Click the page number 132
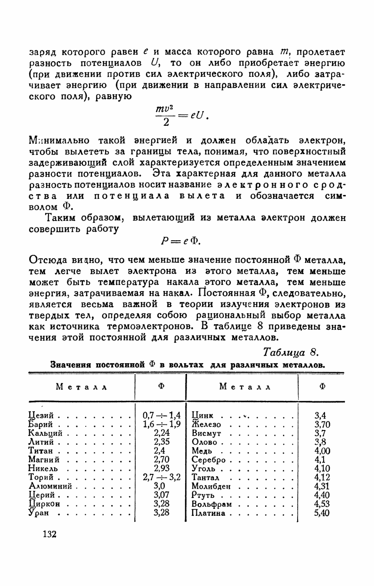(x=49, y=534)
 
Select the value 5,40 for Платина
(x=322, y=513)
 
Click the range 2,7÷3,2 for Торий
(x=162, y=477)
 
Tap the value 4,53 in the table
(x=322, y=504)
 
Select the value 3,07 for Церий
(x=162, y=495)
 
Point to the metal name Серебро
(x=209, y=460)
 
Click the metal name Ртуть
(x=203, y=495)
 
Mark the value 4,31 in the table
(x=322, y=487)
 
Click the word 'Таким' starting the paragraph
(x=60, y=218)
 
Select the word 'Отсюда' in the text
(x=45, y=260)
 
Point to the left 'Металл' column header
(x=81, y=387)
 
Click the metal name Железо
(x=206, y=424)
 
